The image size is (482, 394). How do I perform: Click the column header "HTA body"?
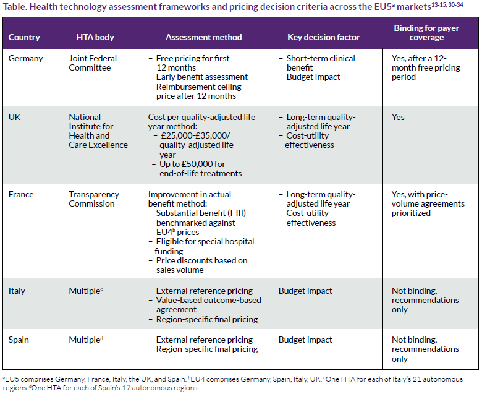95,37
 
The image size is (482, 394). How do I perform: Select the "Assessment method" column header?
203,37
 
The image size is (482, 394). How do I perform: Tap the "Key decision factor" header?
323,37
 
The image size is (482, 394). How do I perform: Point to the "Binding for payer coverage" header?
426,33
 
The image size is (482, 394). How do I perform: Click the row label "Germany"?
25,58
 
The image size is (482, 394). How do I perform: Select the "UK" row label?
14,117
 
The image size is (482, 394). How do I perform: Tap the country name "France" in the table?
21,194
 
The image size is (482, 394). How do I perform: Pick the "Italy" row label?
17,291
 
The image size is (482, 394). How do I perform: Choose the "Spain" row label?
19,340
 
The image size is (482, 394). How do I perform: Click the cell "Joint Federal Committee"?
93,63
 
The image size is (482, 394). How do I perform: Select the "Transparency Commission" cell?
94,199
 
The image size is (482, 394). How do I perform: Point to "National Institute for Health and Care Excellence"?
98,131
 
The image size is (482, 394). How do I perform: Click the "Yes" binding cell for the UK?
398,117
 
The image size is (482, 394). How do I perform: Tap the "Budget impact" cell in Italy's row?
305,291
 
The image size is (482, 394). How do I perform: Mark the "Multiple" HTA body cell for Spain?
86,340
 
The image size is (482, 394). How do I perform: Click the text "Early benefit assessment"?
201,77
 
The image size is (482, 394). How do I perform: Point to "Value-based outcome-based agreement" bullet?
208,305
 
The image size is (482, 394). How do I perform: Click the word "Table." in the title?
15,6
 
